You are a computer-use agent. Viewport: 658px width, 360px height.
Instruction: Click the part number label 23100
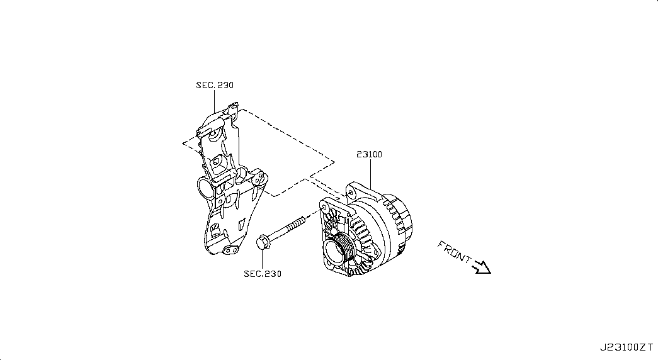(x=370, y=154)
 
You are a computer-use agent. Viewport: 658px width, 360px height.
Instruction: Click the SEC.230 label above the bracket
(x=214, y=85)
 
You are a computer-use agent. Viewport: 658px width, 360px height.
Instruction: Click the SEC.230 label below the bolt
(x=263, y=274)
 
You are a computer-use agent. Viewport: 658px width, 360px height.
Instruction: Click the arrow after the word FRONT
(x=482, y=267)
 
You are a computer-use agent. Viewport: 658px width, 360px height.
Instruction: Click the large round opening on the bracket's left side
(x=204, y=187)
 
